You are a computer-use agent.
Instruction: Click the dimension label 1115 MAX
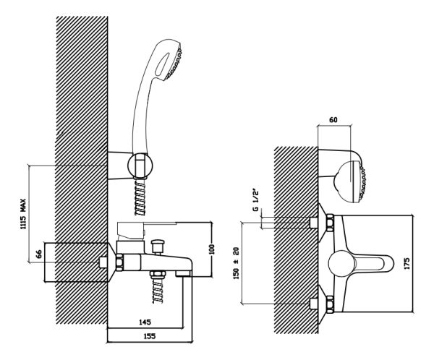(22, 214)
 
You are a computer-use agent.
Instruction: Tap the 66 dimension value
(39, 254)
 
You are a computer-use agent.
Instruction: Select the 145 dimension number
(145, 322)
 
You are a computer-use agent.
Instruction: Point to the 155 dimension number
(150, 336)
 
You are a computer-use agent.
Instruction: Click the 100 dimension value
(212, 249)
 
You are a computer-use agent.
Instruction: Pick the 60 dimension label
(333, 119)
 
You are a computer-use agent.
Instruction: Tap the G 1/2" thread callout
(256, 201)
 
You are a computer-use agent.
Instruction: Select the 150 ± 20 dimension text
(236, 263)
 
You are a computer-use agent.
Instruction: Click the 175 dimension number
(407, 263)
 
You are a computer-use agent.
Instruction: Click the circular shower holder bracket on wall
(140, 166)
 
